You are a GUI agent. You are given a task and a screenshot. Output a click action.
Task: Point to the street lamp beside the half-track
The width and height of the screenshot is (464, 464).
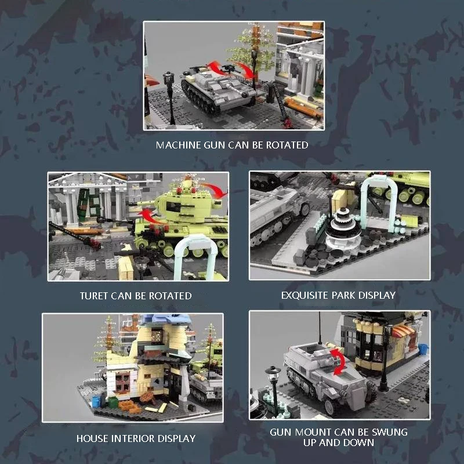point(274,387)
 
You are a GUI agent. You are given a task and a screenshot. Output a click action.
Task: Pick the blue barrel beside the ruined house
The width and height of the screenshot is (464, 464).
point(96,402)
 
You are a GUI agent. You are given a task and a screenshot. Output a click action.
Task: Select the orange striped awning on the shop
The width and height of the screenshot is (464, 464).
point(403,331)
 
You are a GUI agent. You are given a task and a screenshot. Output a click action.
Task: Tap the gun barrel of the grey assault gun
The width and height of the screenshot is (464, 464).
point(237,90)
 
